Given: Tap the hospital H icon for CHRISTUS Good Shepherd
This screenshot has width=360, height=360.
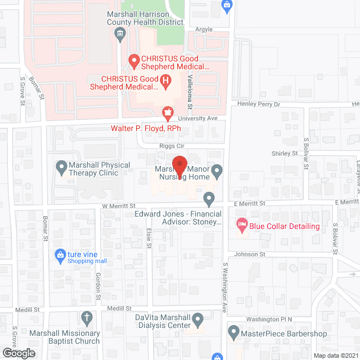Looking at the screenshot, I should [166, 82].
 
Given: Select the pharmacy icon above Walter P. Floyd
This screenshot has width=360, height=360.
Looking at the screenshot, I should [166, 112].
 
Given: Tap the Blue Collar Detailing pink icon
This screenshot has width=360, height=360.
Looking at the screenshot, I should [241, 226].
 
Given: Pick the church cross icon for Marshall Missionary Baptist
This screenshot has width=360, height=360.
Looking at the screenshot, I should [86, 319].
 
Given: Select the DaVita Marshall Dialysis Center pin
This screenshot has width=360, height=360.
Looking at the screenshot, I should [197, 321].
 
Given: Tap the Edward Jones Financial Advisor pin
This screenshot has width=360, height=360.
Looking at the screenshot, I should [209, 197].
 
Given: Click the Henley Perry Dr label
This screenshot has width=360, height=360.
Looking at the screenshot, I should [260, 104].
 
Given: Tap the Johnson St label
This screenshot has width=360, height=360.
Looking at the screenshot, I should [250, 254].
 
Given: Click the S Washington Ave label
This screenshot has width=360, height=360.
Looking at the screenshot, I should [224, 280].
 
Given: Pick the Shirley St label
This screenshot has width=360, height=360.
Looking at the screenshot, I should [285, 153].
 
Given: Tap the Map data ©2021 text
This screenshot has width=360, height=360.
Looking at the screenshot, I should [335, 355].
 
